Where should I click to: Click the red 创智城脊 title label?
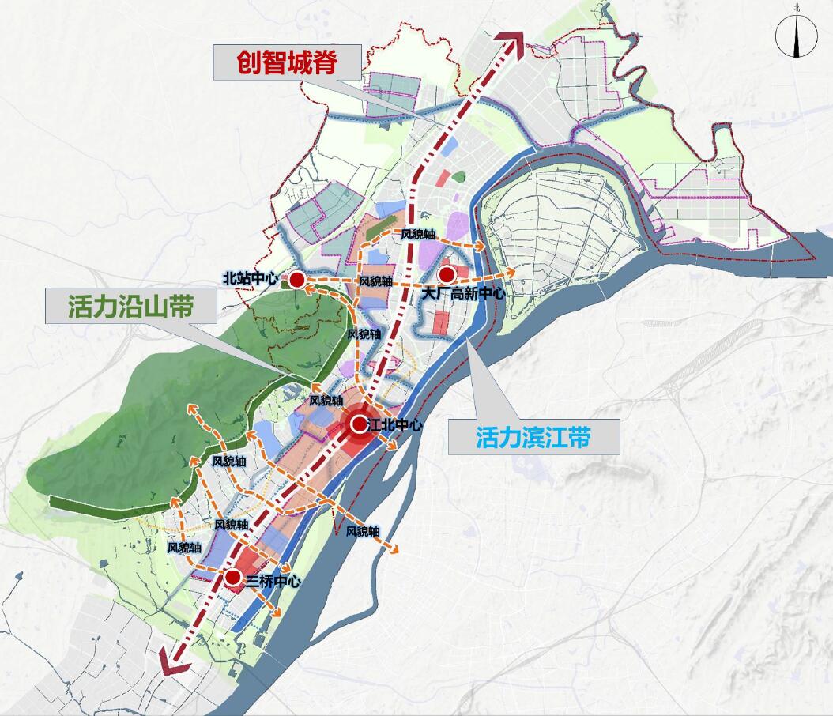288,62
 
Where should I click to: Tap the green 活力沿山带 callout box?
131,306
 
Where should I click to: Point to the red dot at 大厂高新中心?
447,274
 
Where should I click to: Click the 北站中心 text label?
251,278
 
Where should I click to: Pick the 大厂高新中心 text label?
462,294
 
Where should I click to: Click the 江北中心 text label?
395,425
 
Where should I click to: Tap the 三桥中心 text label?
273,582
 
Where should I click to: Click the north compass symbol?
794,36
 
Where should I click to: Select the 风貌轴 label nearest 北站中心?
375,281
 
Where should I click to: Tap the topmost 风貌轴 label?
418,235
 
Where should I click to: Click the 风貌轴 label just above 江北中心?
326,401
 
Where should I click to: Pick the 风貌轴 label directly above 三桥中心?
231,525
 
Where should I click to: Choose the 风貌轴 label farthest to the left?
184,547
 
